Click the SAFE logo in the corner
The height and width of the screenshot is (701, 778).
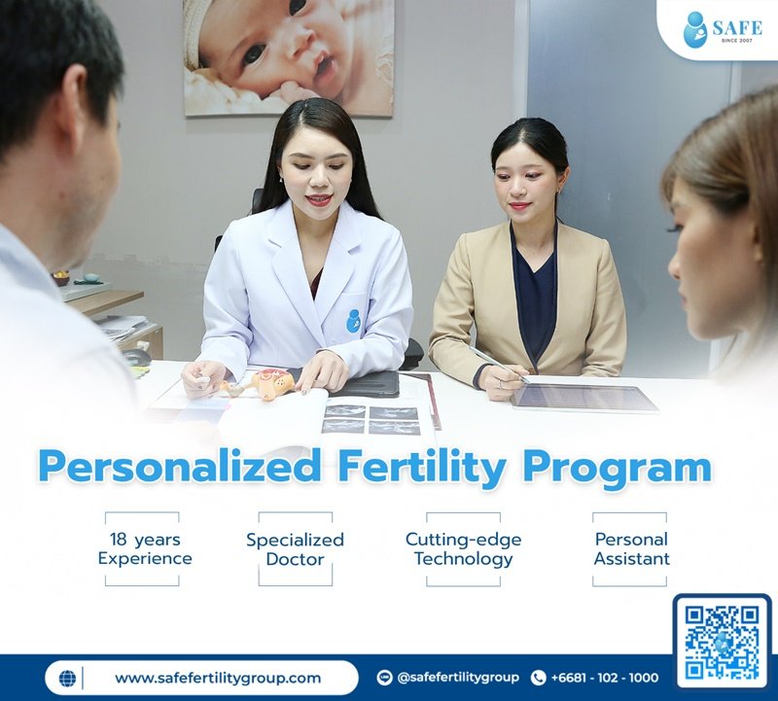(723, 29)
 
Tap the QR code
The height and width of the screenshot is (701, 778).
(722, 641)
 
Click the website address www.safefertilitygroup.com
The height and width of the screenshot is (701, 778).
(218, 678)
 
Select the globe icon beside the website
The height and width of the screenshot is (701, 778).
(67, 678)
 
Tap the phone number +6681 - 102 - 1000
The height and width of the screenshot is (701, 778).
(604, 678)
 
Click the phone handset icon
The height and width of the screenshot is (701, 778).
(539, 678)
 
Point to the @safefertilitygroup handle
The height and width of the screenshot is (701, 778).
(455, 678)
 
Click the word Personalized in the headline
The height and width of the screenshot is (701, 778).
(180, 467)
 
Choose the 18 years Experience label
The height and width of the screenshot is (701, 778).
(145, 549)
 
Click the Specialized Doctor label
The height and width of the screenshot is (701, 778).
(295, 549)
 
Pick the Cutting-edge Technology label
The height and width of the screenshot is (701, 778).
(463, 549)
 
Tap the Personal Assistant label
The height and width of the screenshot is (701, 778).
(631, 549)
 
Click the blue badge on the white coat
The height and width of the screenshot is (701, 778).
(354, 320)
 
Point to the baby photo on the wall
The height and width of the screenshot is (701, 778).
(288, 56)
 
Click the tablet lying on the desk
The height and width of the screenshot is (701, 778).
(584, 397)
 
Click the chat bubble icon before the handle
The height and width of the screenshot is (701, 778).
(384, 678)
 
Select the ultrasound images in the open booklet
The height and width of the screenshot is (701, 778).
(371, 419)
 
